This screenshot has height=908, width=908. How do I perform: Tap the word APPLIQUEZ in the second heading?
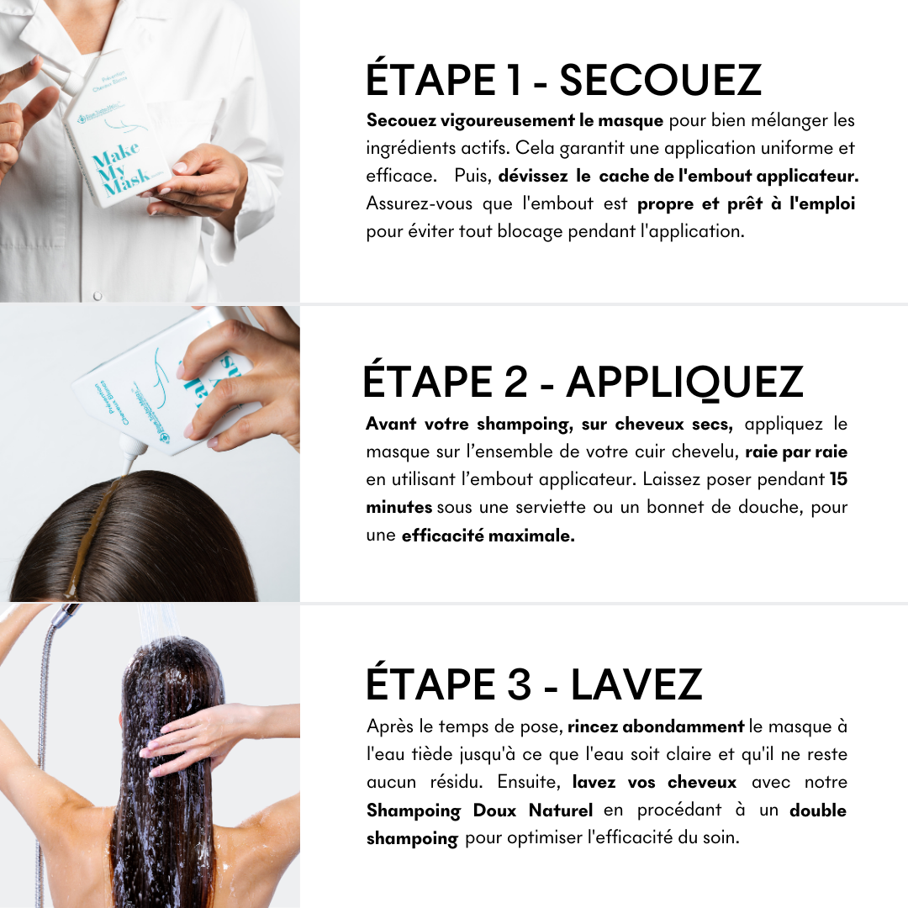click(684, 382)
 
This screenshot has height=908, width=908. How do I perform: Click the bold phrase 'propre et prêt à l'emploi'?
click(747, 203)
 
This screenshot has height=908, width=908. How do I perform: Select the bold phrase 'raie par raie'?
click(796, 452)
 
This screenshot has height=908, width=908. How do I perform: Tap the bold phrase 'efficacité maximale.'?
click(488, 536)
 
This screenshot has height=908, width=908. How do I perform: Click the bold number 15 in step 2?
click(838, 480)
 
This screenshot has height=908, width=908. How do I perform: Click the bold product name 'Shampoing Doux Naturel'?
click(479, 810)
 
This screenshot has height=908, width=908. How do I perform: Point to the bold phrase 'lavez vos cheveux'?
click(654, 782)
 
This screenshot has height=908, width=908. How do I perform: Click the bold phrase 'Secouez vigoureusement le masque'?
click(515, 120)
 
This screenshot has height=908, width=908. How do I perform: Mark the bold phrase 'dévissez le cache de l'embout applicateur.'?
click(678, 176)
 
